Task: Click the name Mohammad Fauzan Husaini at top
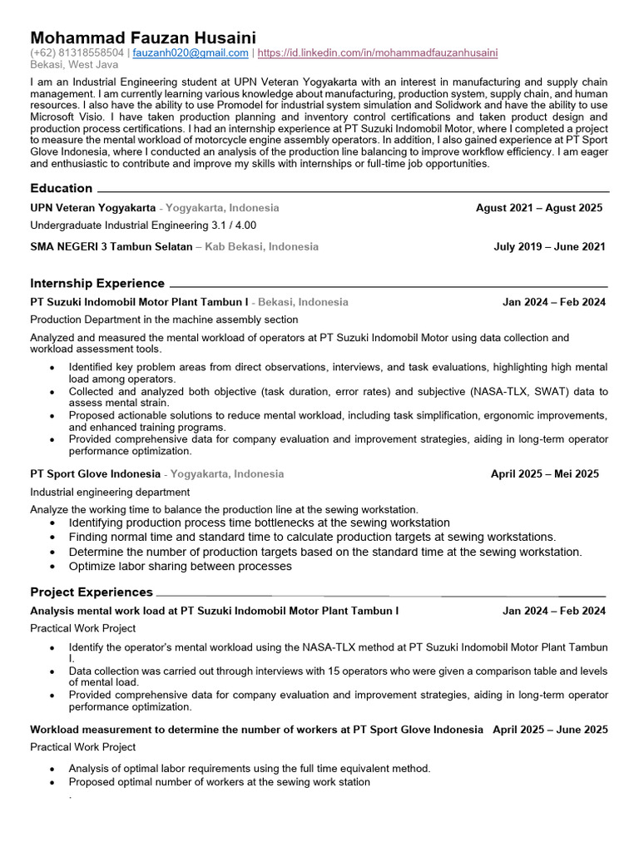(143, 37)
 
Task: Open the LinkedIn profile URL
(378, 52)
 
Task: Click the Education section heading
(62, 188)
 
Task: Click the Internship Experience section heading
(97, 283)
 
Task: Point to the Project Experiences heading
(92, 592)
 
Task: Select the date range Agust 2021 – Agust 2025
(539, 208)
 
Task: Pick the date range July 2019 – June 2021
(549, 246)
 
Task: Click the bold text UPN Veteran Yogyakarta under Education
(92, 208)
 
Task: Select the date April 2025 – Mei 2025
(544, 474)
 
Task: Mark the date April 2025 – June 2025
(550, 730)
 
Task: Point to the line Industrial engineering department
(110, 492)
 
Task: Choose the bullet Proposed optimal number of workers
(220, 782)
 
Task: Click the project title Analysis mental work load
(214, 611)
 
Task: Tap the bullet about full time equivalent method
(250, 769)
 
